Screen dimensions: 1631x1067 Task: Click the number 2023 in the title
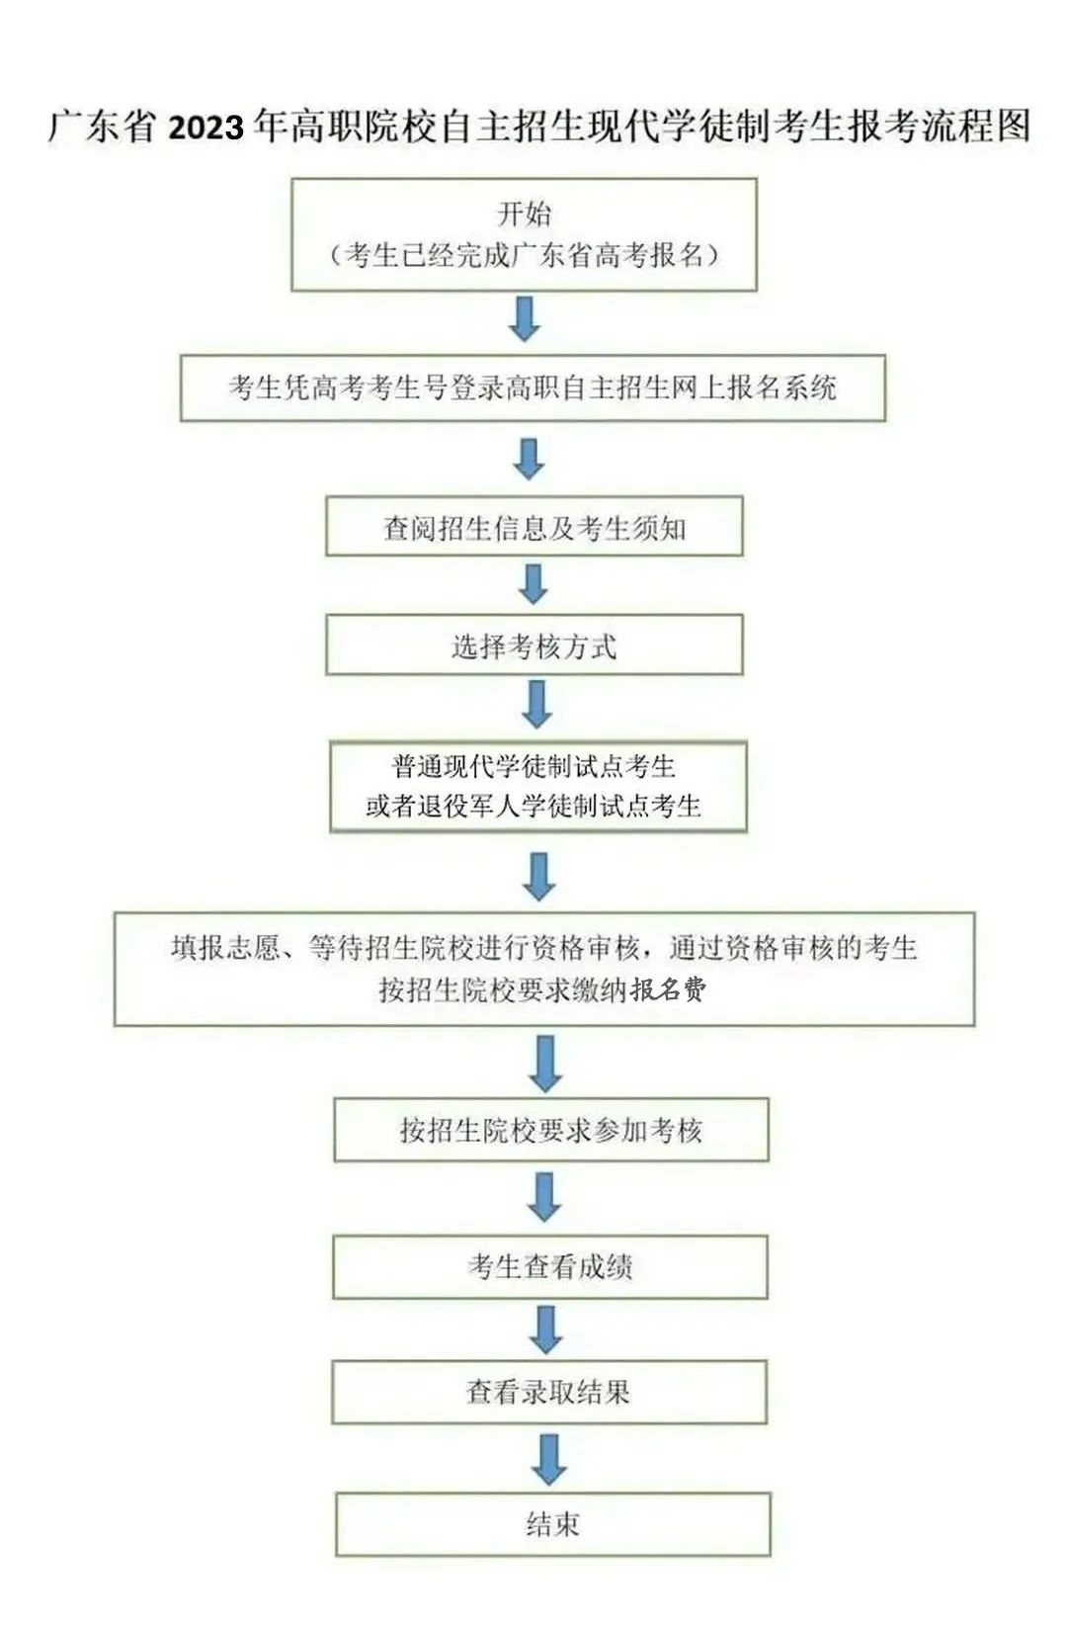click(205, 128)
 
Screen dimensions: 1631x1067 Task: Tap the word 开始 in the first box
click(525, 214)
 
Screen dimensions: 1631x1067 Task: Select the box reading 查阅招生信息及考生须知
click(533, 528)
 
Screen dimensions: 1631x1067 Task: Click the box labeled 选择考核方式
click(533, 645)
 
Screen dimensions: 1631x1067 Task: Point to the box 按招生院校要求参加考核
click(550, 1129)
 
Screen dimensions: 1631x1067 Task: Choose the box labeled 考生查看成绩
click(550, 1266)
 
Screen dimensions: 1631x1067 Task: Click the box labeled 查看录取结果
click(548, 1392)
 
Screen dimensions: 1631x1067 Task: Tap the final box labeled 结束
click(552, 1523)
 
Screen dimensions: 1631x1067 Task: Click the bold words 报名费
click(669, 989)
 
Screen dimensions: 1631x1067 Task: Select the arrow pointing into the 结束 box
click(548, 1459)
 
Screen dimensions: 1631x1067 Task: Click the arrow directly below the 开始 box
click(525, 319)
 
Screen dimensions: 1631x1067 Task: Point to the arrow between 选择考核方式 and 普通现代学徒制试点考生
click(536, 704)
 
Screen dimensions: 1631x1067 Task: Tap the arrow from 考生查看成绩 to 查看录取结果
click(545, 1330)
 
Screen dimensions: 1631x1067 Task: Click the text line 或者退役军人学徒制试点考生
click(533, 807)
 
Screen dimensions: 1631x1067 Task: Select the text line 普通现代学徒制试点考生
click(533, 767)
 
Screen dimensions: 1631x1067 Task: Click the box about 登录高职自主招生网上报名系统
click(533, 387)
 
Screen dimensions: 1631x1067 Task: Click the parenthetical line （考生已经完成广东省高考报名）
click(525, 255)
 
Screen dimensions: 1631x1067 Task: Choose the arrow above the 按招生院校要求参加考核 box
click(545, 1063)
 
